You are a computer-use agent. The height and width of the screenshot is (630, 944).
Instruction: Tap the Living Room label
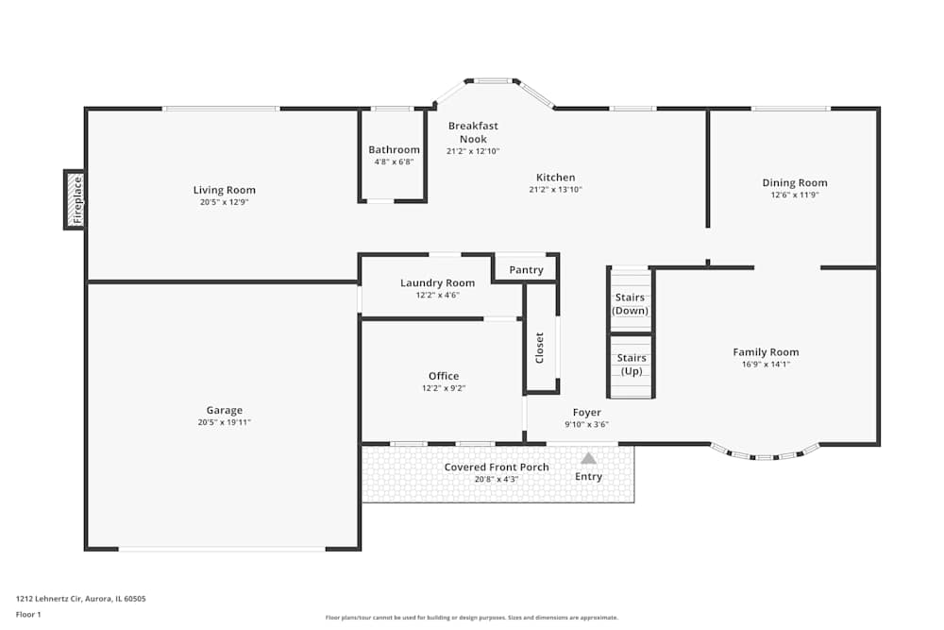coord(225,190)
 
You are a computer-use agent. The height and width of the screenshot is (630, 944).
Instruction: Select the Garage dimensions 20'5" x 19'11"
coord(225,422)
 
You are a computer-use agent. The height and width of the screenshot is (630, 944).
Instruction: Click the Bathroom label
coord(394,149)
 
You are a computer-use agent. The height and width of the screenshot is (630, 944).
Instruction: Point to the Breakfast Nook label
coord(473,132)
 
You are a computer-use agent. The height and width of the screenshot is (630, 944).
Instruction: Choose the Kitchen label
coord(555,178)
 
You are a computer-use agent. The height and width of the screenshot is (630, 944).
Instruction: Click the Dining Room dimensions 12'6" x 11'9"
coord(795,196)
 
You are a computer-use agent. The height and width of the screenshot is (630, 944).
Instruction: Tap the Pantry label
coord(526,270)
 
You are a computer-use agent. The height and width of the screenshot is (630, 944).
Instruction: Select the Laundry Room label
coord(437,282)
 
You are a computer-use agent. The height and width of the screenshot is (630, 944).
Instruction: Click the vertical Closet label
coord(540,348)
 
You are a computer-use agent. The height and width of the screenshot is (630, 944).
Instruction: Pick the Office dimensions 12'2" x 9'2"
coord(444,388)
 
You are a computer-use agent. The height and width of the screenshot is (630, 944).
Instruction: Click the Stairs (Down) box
coord(631,303)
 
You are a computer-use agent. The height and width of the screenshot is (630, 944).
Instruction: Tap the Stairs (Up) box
coord(631,364)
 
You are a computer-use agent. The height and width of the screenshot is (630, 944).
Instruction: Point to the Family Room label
coord(766,352)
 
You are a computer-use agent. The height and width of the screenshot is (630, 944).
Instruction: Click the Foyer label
coord(587,413)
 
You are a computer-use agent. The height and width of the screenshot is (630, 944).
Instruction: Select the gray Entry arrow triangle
coord(588,458)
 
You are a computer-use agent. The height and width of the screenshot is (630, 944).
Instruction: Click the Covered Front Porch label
coord(497,468)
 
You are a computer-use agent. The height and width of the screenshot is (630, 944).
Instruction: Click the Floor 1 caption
coord(28,614)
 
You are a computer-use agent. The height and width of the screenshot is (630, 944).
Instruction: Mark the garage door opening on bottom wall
coord(222,549)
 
